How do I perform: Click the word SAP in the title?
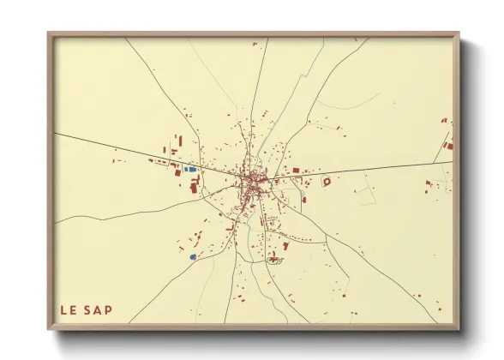[99, 310]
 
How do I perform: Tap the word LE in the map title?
[69, 310]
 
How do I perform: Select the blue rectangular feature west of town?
[190, 170]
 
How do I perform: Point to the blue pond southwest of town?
[193, 255]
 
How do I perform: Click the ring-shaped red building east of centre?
[326, 182]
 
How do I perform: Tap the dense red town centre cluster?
[255, 183]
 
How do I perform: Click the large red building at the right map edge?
[448, 146]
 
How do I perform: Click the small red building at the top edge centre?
[254, 43]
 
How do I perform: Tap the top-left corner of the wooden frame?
[50, 34]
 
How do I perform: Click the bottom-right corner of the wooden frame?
[458, 327]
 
